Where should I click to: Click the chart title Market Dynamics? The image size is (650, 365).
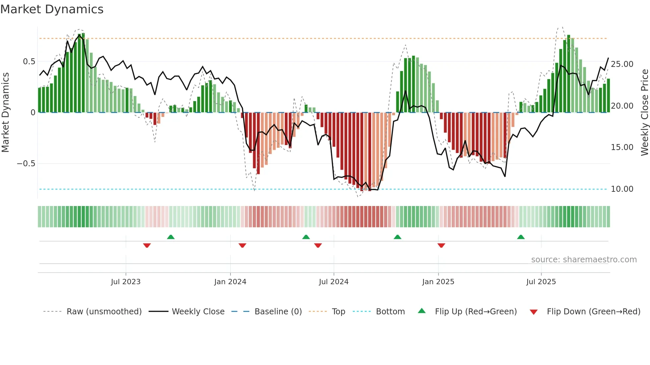pos(52,9)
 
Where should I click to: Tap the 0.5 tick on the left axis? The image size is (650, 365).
pos(29,62)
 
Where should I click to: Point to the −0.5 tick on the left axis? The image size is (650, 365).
pos(26,164)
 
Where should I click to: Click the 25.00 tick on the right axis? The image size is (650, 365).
pos(622,64)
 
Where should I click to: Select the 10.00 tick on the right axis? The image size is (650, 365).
pos(622,189)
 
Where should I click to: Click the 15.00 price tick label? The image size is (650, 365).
pos(622,147)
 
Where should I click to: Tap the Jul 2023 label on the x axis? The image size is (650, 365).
pos(126,282)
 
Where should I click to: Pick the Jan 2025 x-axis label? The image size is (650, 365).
pos(438,282)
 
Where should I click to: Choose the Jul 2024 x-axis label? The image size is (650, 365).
pos(334,282)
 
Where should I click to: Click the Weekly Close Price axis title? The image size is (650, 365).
pos(644,113)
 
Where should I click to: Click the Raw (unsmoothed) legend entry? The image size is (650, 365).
pos(104,312)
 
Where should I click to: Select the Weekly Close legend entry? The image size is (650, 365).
pos(198,312)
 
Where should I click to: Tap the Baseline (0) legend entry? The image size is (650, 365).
pos(278,312)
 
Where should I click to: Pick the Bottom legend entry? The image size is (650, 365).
pos(390,312)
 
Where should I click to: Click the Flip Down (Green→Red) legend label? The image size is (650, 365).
pos(593,312)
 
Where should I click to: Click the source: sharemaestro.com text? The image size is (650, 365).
pos(584,260)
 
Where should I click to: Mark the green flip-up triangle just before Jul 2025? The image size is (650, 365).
pos(521,237)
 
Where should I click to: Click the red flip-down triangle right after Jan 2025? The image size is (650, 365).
pos(441,245)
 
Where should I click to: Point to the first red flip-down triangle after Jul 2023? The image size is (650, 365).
pos(147,245)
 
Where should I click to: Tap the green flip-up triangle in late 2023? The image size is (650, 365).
pos(171,237)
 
